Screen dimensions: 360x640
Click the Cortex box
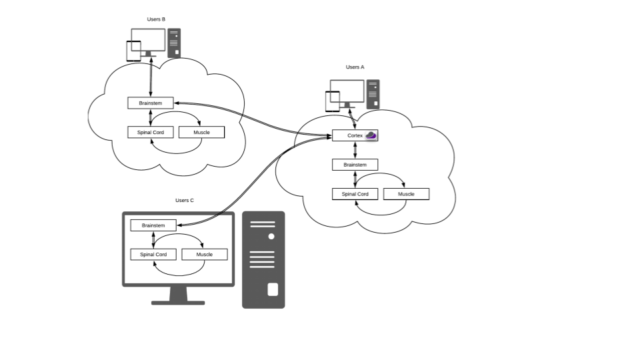[x=355, y=135]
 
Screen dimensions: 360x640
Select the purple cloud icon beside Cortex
[x=371, y=135]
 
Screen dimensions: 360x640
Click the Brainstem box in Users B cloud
[x=150, y=103]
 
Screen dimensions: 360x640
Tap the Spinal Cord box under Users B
[x=150, y=133]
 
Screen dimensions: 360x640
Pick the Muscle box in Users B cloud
[x=201, y=133]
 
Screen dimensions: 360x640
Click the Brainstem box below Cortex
[x=355, y=165]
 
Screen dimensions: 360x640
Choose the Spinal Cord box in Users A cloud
[x=355, y=194]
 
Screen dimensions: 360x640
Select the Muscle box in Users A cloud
[x=406, y=194]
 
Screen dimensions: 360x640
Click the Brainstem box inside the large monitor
[x=153, y=225]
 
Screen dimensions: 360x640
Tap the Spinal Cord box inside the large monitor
[x=153, y=255]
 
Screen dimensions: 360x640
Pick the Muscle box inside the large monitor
[x=204, y=255]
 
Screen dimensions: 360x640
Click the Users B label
[x=156, y=19]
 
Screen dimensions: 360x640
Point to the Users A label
[x=355, y=67]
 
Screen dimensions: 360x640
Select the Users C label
[x=185, y=200]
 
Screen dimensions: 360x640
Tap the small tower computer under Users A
[x=373, y=94]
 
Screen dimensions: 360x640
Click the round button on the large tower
[x=271, y=237]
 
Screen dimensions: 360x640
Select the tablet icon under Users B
[x=134, y=51]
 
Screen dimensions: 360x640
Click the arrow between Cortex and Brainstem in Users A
[x=355, y=150]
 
